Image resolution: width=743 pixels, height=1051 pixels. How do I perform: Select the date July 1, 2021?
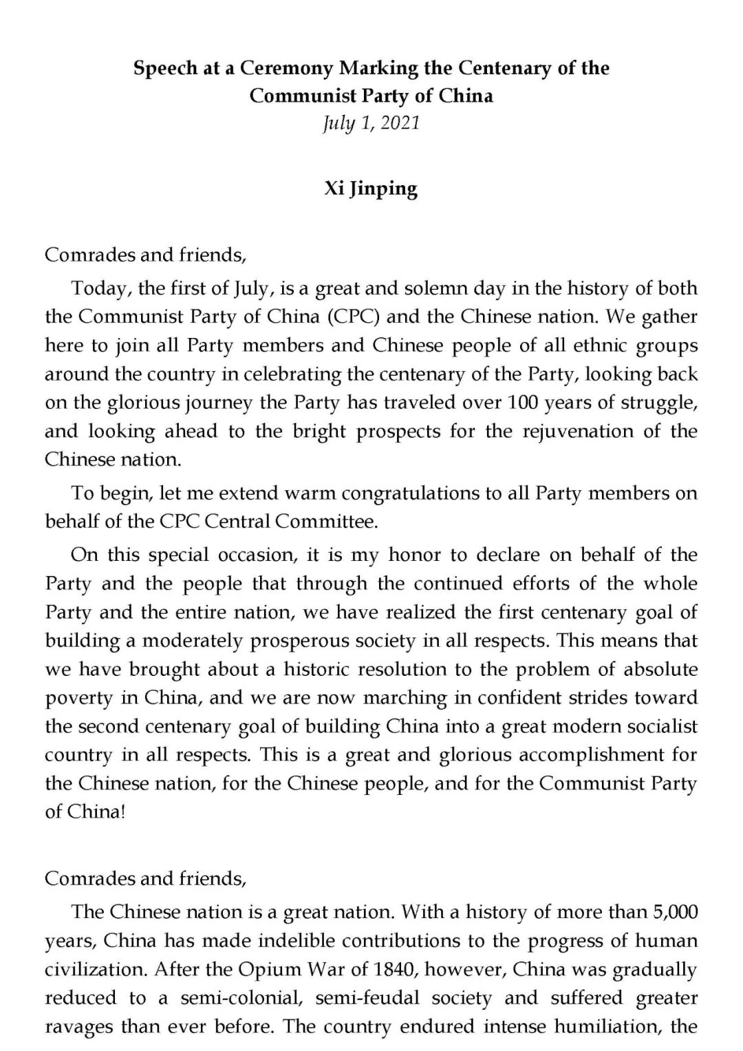point(371,123)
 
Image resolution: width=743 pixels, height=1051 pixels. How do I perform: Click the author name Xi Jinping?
point(371,189)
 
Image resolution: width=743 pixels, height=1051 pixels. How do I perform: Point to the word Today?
point(99,288)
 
